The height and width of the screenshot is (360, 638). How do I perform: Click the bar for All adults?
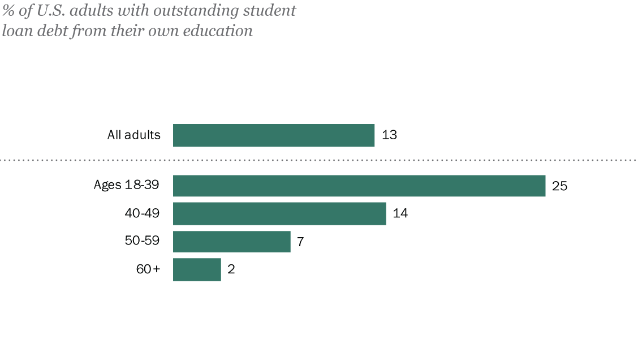pos(274,135)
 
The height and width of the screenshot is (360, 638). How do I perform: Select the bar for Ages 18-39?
pos(359,186)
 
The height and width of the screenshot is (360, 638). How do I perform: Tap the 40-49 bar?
pos(279,214)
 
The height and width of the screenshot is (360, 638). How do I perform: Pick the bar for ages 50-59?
pos(231,241)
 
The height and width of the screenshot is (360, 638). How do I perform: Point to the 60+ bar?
pos(197,269)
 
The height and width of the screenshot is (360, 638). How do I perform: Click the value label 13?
pos(389,135)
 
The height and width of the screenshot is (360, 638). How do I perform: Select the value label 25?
pos(559,186)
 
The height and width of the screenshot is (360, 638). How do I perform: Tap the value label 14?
pos(400,214)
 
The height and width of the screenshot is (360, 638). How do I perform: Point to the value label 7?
pos(301,241)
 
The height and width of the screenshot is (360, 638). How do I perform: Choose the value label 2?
pos(231,269)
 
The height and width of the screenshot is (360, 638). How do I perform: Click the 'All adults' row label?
pos(134,135)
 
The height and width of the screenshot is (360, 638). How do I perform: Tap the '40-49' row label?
pos(142,213)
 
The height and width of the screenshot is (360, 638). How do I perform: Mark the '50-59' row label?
pos(142,241)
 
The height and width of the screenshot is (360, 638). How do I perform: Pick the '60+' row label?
pos(148,269)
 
